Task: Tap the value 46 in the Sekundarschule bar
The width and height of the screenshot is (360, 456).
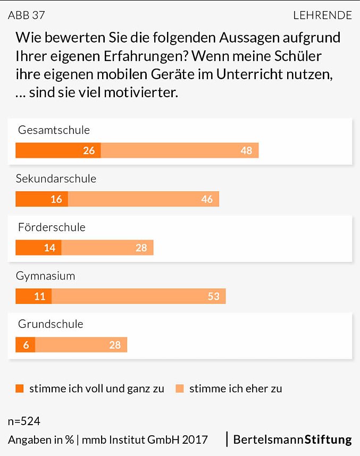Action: [207, 199]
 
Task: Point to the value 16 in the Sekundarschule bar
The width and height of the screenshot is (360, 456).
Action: [56, 199]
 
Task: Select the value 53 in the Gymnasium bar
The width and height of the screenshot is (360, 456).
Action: [214, 296]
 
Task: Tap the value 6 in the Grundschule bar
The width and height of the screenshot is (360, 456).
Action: [25, 345]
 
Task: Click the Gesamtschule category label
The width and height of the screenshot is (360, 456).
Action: [54, 130]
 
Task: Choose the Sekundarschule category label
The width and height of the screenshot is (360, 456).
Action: [56, 179]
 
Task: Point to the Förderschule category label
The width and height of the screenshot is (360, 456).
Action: [52, 227]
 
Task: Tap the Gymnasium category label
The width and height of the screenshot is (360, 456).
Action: [46, 276]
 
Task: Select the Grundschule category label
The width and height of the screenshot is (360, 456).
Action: [51, 324]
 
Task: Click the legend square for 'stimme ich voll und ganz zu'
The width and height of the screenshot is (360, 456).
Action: [20, 389]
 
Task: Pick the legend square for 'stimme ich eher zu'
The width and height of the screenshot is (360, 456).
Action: [179, 389]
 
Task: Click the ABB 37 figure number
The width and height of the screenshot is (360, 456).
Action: [27, 15]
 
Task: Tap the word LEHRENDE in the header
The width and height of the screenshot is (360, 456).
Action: [322, 15]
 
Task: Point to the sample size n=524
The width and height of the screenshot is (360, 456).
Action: [24, 421]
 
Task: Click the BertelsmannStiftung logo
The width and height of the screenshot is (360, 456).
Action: [292, 440]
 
